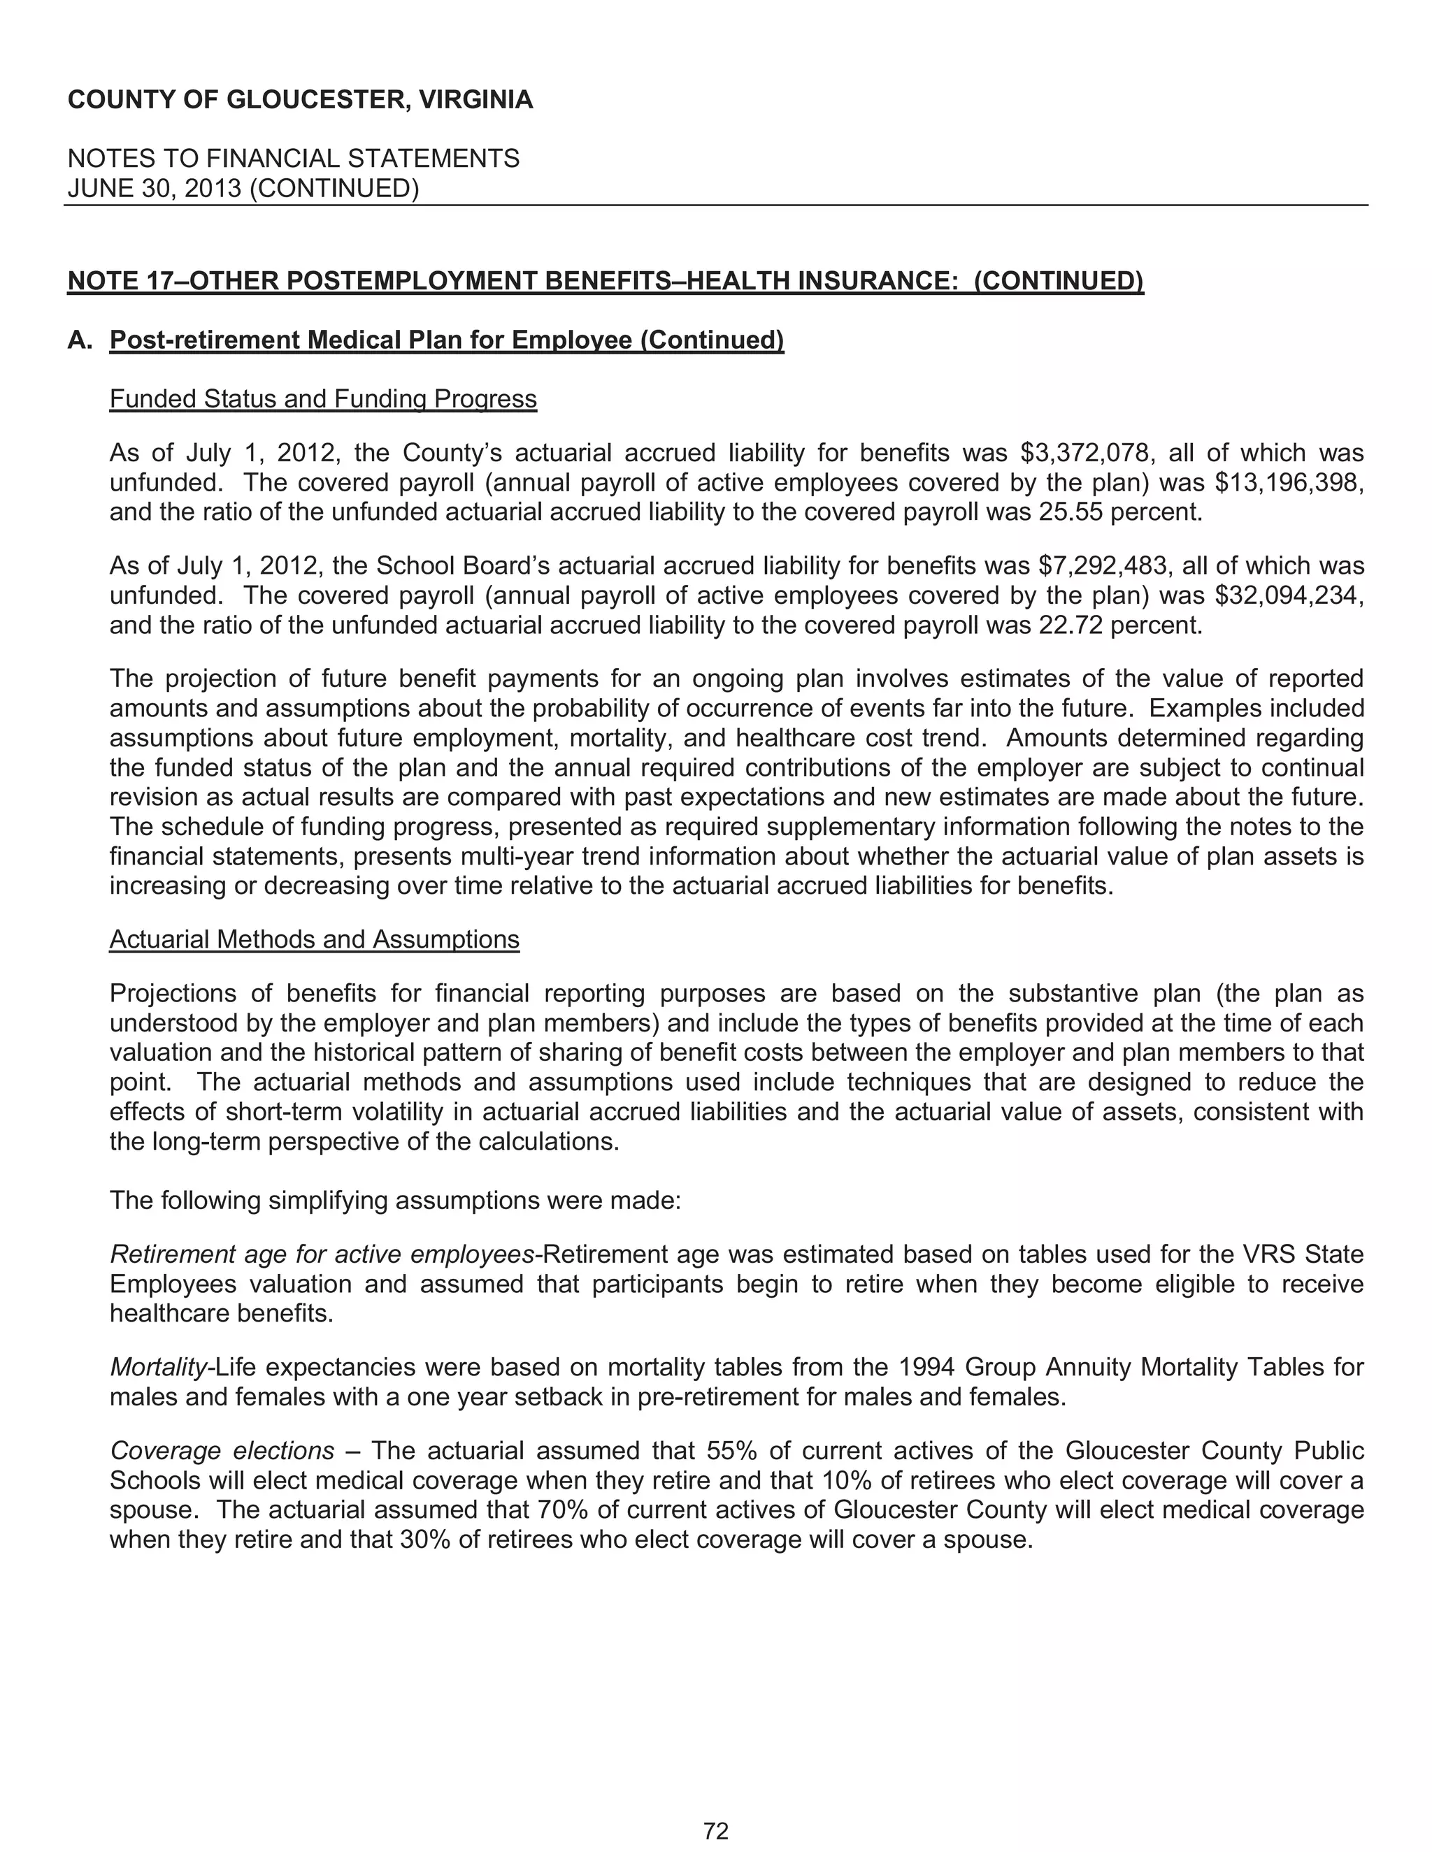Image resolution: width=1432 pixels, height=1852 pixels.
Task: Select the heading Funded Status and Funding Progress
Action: pyautogui.click(x=323, y=398)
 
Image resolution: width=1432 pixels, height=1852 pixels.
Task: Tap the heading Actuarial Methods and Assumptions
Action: pyautogui.click(x=314, y=939)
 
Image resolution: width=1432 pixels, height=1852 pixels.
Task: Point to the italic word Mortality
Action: pyautogui.click(x=159, y=1367)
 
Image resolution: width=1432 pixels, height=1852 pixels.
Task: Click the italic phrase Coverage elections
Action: pyautogui.click(x=222, y=1451)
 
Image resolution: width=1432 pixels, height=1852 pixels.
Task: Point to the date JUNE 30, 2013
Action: pyautogui.click(x=155, y=188)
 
